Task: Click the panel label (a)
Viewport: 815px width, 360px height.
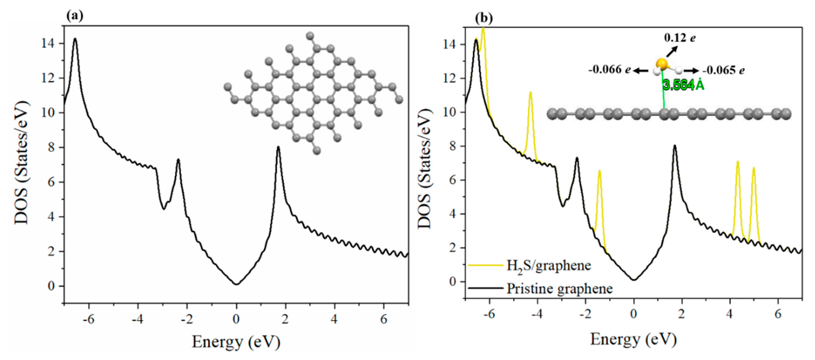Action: point(75,16)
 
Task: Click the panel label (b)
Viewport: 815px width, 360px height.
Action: point(484,18)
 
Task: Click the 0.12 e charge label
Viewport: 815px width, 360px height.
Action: point(680,38)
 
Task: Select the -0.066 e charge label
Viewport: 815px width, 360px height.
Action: point(609,70)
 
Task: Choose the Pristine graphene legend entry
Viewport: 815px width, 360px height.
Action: point(559,289)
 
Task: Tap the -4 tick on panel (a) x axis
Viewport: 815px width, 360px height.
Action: point(138,319)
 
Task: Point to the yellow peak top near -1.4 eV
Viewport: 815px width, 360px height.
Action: point(599,171)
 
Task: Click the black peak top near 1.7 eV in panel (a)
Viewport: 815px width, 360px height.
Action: point(278,147)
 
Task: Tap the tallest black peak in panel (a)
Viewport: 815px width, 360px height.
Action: point(75,39)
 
